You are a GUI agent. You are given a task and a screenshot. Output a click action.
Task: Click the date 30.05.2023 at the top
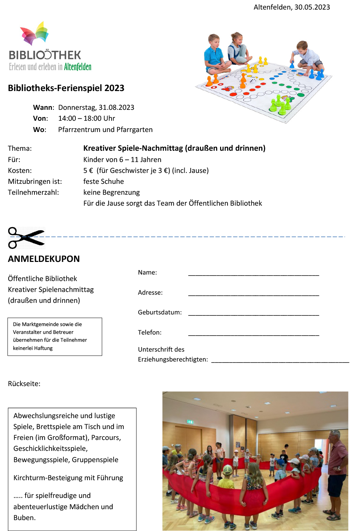pos(312,7)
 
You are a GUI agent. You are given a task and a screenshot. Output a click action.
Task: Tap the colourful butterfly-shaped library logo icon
pos(34,33)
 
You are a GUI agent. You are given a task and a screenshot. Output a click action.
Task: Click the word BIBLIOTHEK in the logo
pos(45,55)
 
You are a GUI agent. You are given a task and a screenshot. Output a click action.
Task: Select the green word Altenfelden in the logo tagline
pos(77,67)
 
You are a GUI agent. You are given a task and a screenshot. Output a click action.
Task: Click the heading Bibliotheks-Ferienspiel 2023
pos(66,88)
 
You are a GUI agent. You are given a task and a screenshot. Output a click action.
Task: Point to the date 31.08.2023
pos(116,107)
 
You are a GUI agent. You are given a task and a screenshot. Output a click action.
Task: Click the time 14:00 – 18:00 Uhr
pos(86,118)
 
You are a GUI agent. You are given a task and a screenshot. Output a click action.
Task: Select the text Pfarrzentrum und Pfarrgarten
pos(105,130)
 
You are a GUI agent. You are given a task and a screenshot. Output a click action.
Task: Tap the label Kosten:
pos(20,171)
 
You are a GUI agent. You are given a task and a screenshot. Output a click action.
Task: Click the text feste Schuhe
pos(103,181)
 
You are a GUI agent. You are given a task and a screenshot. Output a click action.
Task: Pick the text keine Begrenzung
pos(111,192)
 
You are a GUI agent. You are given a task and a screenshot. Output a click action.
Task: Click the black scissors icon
pos(26,238)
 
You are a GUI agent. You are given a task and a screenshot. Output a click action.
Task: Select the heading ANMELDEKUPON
pos(44,259)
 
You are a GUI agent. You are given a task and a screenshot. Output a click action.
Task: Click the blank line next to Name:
pos(253,274)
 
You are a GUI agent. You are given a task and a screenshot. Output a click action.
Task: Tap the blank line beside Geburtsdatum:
pos(253,314)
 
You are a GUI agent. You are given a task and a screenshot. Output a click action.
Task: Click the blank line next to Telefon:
pos(253,334)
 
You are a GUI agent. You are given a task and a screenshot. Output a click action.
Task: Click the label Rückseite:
pos(24,384)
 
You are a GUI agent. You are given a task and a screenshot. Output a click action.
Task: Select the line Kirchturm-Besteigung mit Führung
pos(68,478)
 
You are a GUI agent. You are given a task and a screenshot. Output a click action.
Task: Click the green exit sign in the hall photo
pos(190,422)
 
